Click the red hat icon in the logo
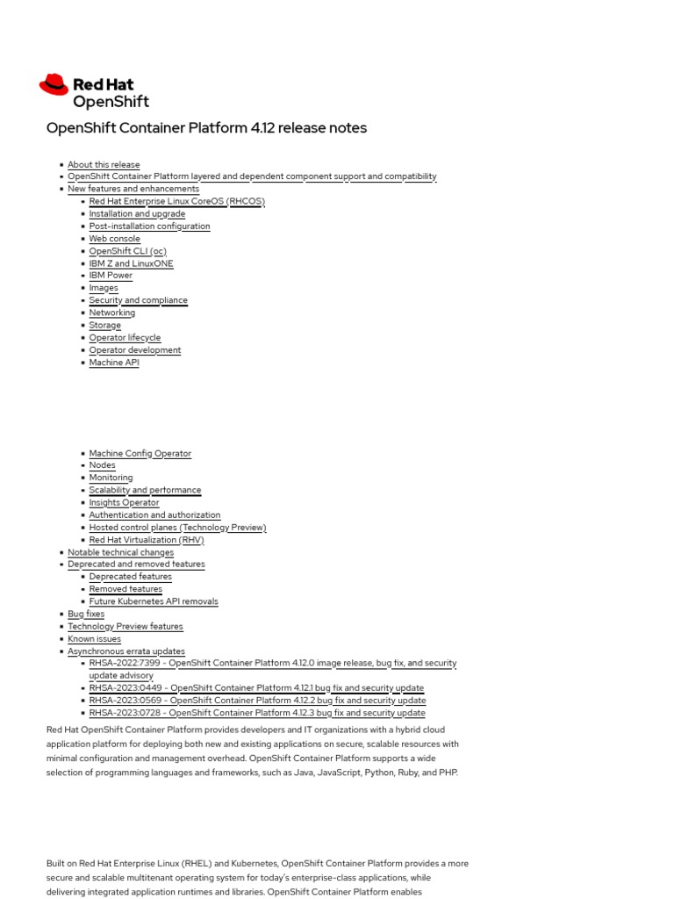coord(54,84)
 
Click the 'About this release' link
coord(104,164)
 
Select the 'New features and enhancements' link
coord(133,189)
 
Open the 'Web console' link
coord(114,239)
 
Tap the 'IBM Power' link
coord(111,276)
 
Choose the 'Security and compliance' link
coord(138,300)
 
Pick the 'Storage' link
coord(105,325)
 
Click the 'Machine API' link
coord(114,363)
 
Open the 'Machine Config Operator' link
coord(140,454)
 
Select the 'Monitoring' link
coord(111,478)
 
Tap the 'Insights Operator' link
coord(124,503)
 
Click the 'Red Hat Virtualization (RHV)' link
coord(146,540)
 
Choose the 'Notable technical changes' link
coord(120,552)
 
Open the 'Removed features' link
coord(125,589)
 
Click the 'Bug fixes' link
coord(86,615)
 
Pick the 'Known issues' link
coord(94,639)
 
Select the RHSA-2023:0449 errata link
coord(256,688)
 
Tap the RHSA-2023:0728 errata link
coord(257,713)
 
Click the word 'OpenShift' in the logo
coord(111,101)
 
